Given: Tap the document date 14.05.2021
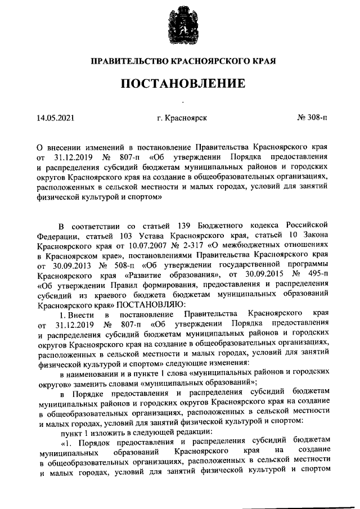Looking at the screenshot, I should point(55,119).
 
